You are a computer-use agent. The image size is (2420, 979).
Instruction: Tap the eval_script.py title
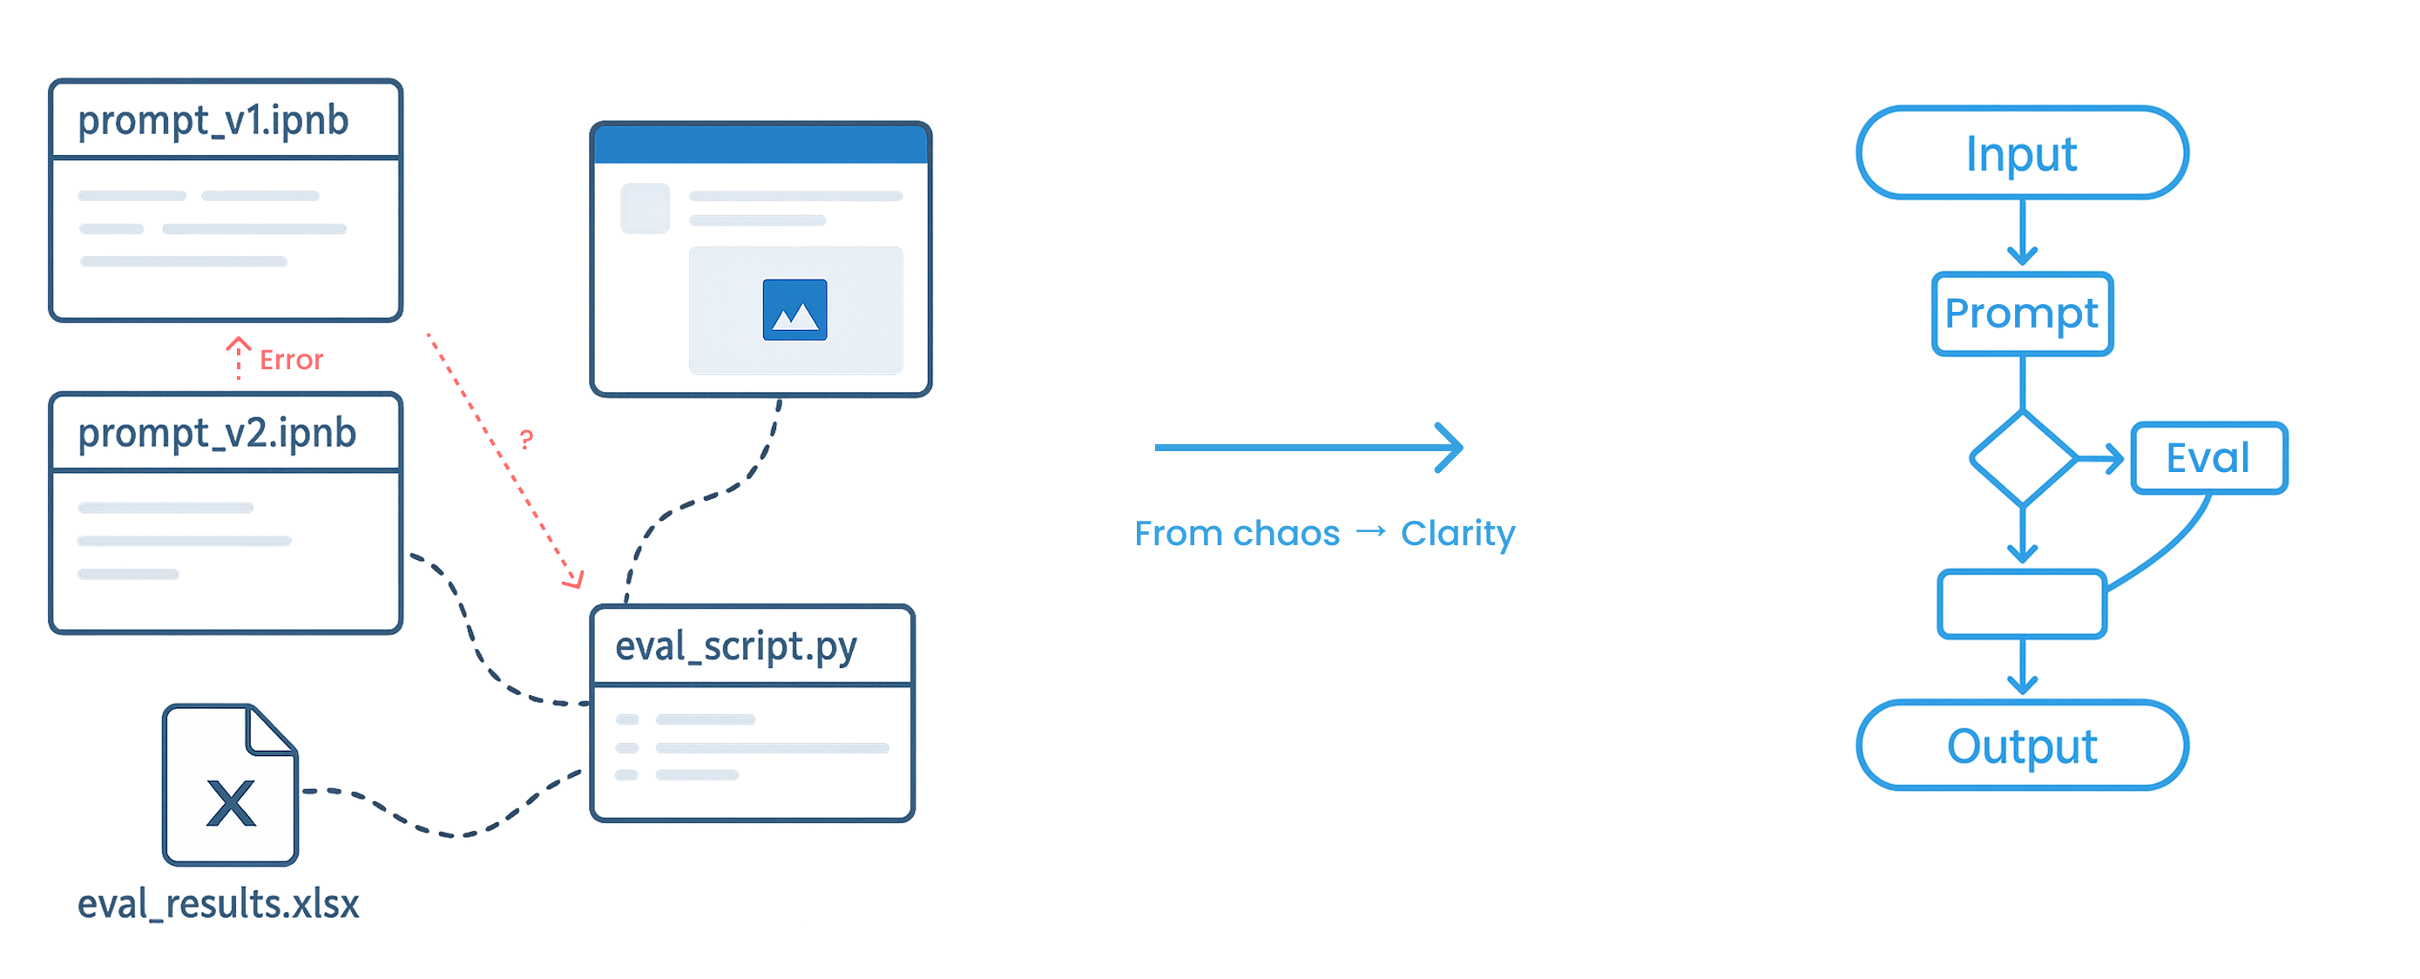pos(735,647)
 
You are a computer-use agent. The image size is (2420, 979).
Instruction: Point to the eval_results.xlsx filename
pos(218,904)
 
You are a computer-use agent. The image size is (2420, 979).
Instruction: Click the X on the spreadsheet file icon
pos(231,803)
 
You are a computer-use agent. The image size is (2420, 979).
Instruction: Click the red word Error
pos(291,360)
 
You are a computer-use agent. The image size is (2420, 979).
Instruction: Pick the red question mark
pos(527,439)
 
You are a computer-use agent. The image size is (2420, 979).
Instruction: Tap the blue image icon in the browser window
pos(794,309)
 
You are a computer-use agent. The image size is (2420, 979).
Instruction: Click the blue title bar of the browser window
pos(761,144)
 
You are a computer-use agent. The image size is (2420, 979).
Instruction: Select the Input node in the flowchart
pos(2022,153)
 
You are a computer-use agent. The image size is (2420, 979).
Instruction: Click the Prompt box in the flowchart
pos(2022,314)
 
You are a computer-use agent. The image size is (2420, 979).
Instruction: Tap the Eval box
pos(2208,458)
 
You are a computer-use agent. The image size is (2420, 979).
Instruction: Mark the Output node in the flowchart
pos(2022,746)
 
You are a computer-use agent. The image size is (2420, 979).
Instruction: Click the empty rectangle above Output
pos(2022,605)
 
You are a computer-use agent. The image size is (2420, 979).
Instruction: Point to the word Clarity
pos(1457,534)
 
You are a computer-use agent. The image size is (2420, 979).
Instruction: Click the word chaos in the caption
pos(1286,534)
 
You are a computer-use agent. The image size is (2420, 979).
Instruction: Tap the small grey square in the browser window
pos(646,208)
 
